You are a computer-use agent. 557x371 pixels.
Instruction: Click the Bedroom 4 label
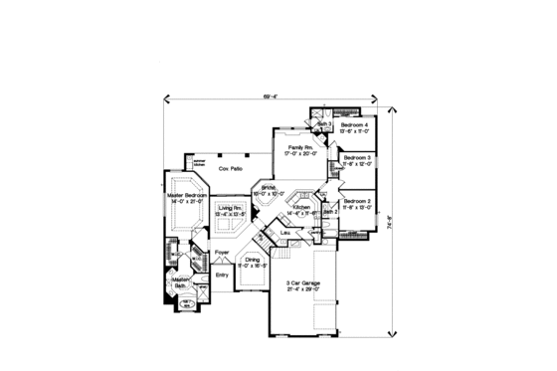pyautogui.click(x=356, y=125)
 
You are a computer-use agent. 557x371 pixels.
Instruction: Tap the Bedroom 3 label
pyautogui.click(x=357, y=156)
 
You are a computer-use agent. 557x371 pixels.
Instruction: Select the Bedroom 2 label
pyautogui.click(x=357, y=201)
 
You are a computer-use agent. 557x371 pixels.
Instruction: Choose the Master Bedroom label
pyautogui.click(x=187, y=195)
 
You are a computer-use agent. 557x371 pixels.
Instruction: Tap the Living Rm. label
pyautogui.click(x=232, y=207)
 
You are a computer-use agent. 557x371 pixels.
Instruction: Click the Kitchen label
pyautogui.click(x=302, y=206)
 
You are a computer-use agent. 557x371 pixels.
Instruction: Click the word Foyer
pyautogui.click(x=223, y=252)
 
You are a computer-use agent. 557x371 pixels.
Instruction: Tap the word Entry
pyautogui.click(x=222, y=274)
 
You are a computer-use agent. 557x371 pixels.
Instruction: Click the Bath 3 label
pyautogui.click(x=324, y=124)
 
